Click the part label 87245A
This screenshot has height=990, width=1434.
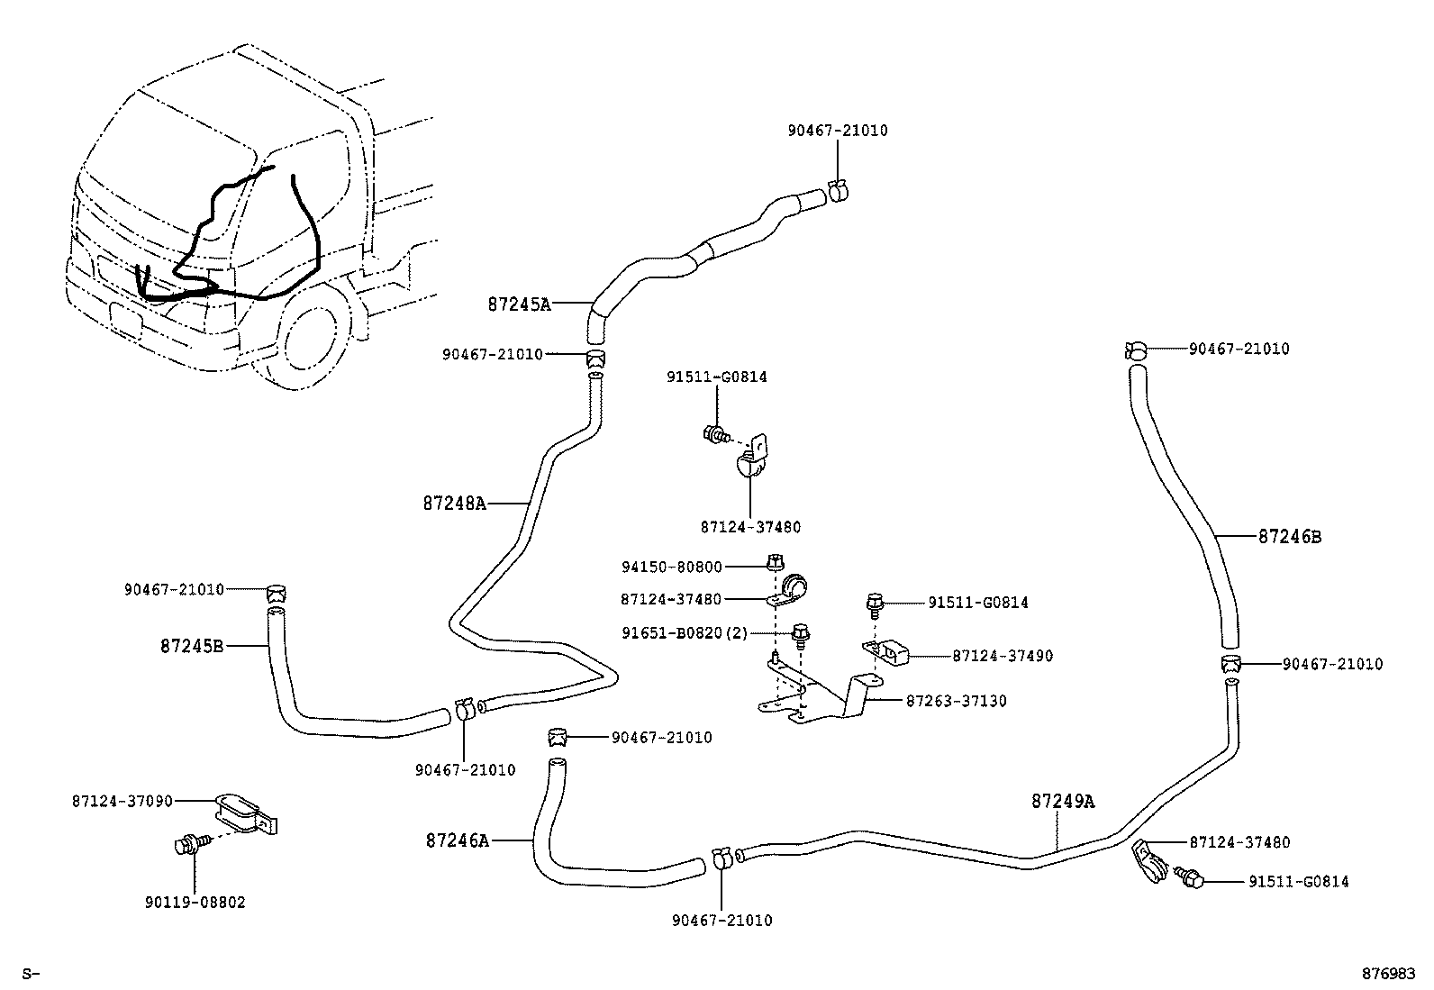click(x=519, y=304)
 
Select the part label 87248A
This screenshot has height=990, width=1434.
click(x=454, y=504)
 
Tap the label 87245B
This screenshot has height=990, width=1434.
click(x=192, y=646)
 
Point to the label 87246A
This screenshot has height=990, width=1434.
click(x=458, y=840)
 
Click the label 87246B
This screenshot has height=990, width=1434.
click(x=1290, y=537)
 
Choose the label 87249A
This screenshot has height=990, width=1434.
click(x=1063, y=801)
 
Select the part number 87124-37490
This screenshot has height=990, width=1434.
click(x=1003, y=657)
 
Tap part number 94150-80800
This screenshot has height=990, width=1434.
click(x=672, y=568)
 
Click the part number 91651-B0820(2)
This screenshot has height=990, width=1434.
click(x=685, y=633)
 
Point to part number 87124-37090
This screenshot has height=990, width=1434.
click(x=123, y=800)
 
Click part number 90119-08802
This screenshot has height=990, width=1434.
click(x=195, y=902)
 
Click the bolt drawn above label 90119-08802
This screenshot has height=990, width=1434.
click(x=188, y=844)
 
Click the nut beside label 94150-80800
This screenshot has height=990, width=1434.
click(x=774, y=563)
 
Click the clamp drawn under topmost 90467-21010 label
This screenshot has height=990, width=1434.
click(x=837, y=190)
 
